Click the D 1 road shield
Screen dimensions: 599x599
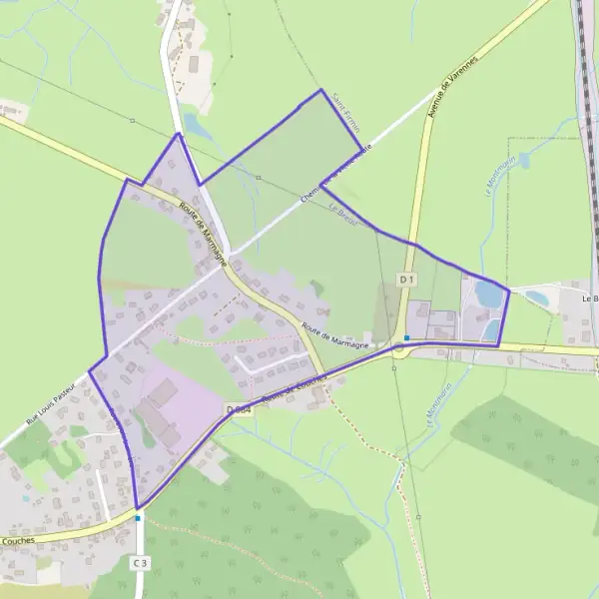pos(406,281)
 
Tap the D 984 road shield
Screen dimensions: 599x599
pos(238,409)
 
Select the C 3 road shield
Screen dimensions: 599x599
pos(140,564)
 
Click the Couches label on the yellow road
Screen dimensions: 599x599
pos(18,540)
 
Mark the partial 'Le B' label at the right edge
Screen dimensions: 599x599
pos(589,297)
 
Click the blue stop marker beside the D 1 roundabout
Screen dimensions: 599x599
pos(406,337)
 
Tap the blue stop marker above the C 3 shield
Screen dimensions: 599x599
pos(138,518)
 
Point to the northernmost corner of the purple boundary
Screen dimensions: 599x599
pos(321,90)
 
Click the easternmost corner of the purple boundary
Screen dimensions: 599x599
pos(509,291)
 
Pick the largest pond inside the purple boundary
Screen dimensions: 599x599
pos(489,294)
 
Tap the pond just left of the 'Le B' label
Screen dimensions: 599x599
pos(537,298)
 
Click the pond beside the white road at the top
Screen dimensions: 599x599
pos(197,127)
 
